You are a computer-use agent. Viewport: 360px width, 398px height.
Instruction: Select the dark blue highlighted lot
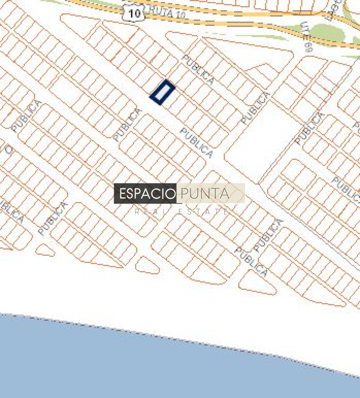(163, 92)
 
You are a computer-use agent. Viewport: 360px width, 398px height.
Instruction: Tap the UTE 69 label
(306, 37)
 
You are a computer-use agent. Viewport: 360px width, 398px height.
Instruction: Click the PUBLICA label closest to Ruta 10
(198, 70)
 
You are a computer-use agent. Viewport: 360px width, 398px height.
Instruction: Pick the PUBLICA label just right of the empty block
(310, 129)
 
